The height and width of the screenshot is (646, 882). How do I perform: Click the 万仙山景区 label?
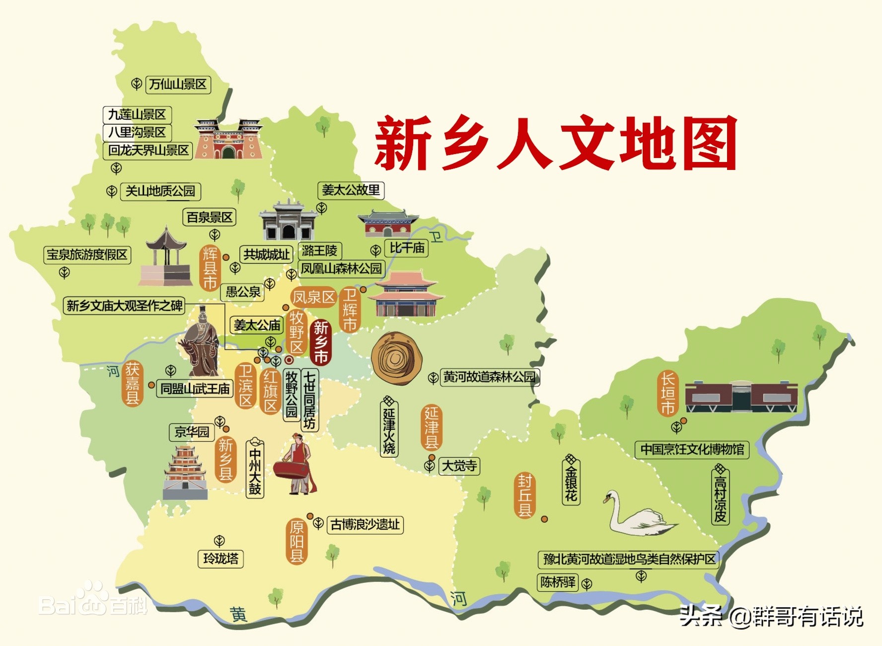[x=178, y=84]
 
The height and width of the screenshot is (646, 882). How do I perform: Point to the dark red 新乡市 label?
[x=321, y=343]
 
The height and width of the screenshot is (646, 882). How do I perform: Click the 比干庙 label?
[x=407, y=248]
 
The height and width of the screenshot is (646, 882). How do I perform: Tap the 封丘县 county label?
[x=524, y=495]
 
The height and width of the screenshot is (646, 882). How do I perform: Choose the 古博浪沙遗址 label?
[x=365, y=525]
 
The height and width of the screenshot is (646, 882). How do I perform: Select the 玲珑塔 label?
[x=221, y=559]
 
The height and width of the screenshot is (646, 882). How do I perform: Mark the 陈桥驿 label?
[x=558, y=582]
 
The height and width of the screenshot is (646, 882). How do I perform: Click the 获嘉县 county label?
[x=132, y=383]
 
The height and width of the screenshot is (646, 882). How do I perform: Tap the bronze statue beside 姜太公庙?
[x=201, y=343]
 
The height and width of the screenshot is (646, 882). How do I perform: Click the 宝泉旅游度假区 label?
[x=87, y=255]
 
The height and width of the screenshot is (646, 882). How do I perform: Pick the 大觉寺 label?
[x=459, y=466]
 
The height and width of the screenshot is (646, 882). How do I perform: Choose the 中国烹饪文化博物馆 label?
[x=692, y=450]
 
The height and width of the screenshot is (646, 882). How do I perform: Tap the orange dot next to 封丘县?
[x=544, y=519]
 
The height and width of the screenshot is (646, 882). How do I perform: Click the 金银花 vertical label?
[x=571, y=481]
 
